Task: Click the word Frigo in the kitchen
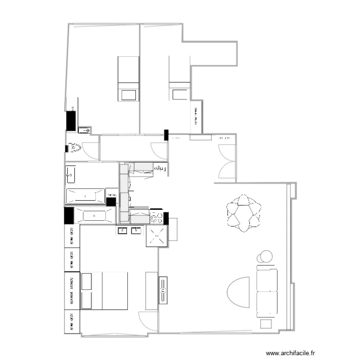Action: [160, 169]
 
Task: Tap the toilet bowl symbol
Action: [73, 148]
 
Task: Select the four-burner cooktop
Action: [157, 217]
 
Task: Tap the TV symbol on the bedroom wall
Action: [163, 290]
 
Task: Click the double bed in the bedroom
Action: [105, 290]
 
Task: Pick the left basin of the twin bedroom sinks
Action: [122, 231]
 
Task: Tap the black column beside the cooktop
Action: [167, 218]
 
